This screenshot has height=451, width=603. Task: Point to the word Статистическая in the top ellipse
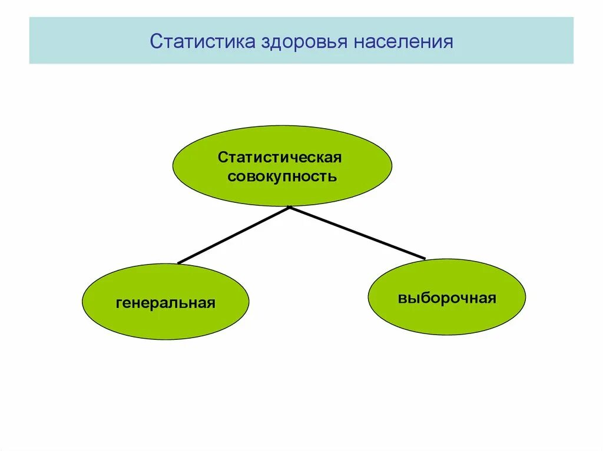click(280, 158)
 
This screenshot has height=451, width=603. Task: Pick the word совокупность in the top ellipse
click(282, 176)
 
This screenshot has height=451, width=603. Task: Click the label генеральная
click(165, 303)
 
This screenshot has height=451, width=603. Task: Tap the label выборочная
click(447, 298)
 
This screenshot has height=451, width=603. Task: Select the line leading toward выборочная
click(357, 232)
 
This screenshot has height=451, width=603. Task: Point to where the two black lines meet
click(289, 207)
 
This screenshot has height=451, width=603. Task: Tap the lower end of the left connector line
click(179, 262)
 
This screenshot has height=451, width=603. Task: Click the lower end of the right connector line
click(424, 258)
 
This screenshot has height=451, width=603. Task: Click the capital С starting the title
click(156, 42)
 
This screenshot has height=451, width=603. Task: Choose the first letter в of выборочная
click(401, 299)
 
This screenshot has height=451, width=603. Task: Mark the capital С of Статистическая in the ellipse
click(222, 158)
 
